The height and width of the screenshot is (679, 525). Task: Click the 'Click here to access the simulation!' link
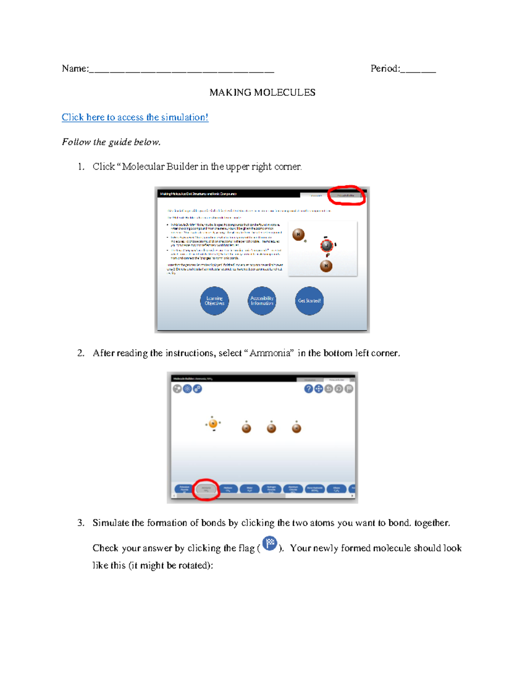135,117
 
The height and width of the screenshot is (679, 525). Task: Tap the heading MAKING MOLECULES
262,92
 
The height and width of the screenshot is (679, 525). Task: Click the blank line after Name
182,70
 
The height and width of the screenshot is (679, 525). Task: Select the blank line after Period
418,70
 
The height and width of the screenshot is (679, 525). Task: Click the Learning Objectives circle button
214,301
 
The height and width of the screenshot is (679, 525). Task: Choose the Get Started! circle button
309,301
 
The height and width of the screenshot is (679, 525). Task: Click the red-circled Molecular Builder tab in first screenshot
346,195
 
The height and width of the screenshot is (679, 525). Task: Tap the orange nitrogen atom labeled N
213,423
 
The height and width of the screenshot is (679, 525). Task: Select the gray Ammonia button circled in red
206,489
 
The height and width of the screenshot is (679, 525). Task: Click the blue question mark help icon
308,389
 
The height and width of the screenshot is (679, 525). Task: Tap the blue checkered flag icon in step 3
270,543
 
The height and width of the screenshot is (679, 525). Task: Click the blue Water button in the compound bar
250,489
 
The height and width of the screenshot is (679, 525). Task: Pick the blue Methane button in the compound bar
228,489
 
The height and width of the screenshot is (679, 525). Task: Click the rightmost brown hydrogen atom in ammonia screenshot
297,428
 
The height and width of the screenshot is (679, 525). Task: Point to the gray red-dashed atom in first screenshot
326,245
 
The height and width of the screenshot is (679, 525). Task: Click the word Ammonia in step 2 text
270,353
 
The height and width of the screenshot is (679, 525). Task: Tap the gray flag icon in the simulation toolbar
349,389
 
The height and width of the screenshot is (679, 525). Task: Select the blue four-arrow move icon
318,389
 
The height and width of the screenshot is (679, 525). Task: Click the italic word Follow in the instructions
76,142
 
